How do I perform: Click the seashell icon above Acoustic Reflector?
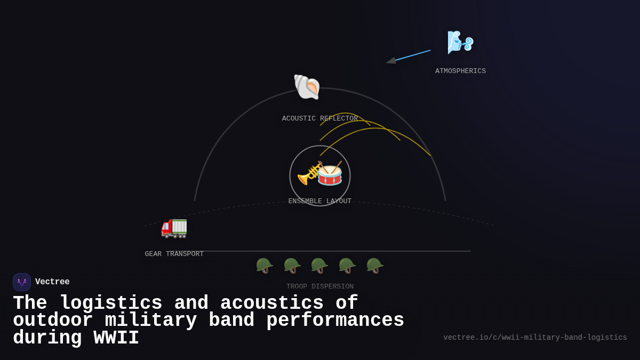coord(307,86)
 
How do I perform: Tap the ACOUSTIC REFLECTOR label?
coord(319,118)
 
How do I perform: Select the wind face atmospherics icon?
coord(460,42)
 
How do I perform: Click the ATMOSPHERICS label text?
coord(460,71)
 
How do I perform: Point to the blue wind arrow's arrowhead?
coord(391,61)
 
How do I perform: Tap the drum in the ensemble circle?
coord(330,174)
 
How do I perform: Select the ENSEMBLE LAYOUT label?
coord(319,201)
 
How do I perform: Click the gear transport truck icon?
coord(174,227)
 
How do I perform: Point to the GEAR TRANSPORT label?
coord(174,254)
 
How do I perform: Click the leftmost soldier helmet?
coord(264,265)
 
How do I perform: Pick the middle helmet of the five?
coord(319,265)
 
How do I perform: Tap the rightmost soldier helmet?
coord(374,265)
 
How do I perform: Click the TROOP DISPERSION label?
coord(319,286)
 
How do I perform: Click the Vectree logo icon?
coord(22,282)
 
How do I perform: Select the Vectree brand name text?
coord(52,282)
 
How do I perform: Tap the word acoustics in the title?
coord(271,303)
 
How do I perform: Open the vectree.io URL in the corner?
coord(535,338)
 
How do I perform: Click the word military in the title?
coord(150,321)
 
